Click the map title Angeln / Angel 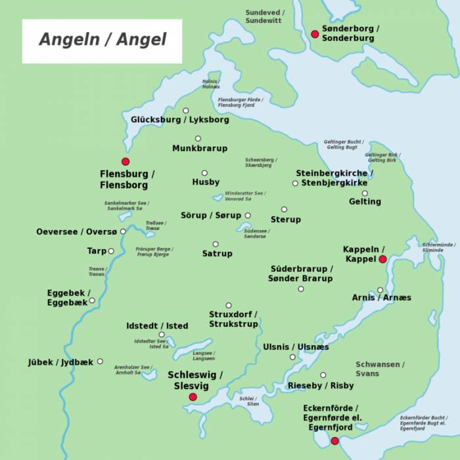tap(102, 39)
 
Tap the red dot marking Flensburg tap(126, 162)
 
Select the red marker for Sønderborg tap(315, 34)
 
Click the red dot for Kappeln tap(382, 260)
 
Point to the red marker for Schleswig tap(193, 397)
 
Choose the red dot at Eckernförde tap(334, 441)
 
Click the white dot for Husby tap(204, 173)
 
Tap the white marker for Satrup tap(216, 244)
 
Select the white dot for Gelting tap(365, 193)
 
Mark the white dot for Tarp tap(111, 251)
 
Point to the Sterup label tap(286, 219)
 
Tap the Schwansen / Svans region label tap(380, 369)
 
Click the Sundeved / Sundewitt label tap(263, 16)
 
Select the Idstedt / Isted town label tap(157, 326)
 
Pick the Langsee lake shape tap(191, 349)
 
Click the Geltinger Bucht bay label tap(344, 145)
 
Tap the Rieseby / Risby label tap(321, 386)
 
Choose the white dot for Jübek tap(100, 361)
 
